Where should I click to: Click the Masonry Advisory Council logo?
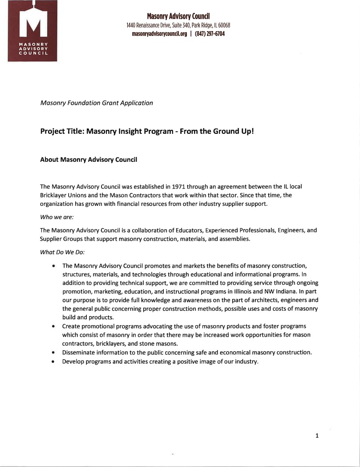pyautogui.click(x=32, y=31)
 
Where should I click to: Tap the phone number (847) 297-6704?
pyautogui.click(x=210, y=34)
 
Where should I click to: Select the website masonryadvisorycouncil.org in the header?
pyautogui.click(x=159, y=34)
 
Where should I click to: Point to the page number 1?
pyautogui.click(x=317, y=436)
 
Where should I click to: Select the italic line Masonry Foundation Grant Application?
pyautogui.click(x=97, y=103)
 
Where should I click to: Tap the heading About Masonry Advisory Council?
pyautogui.click(x=89, y=160)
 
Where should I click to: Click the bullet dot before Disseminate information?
pyautogui.click(x=53, y=353)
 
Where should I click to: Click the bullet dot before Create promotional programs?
pyautogui.click(x=53, y=326)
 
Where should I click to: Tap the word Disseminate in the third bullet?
pyautogui.click(x=78, y=352)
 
